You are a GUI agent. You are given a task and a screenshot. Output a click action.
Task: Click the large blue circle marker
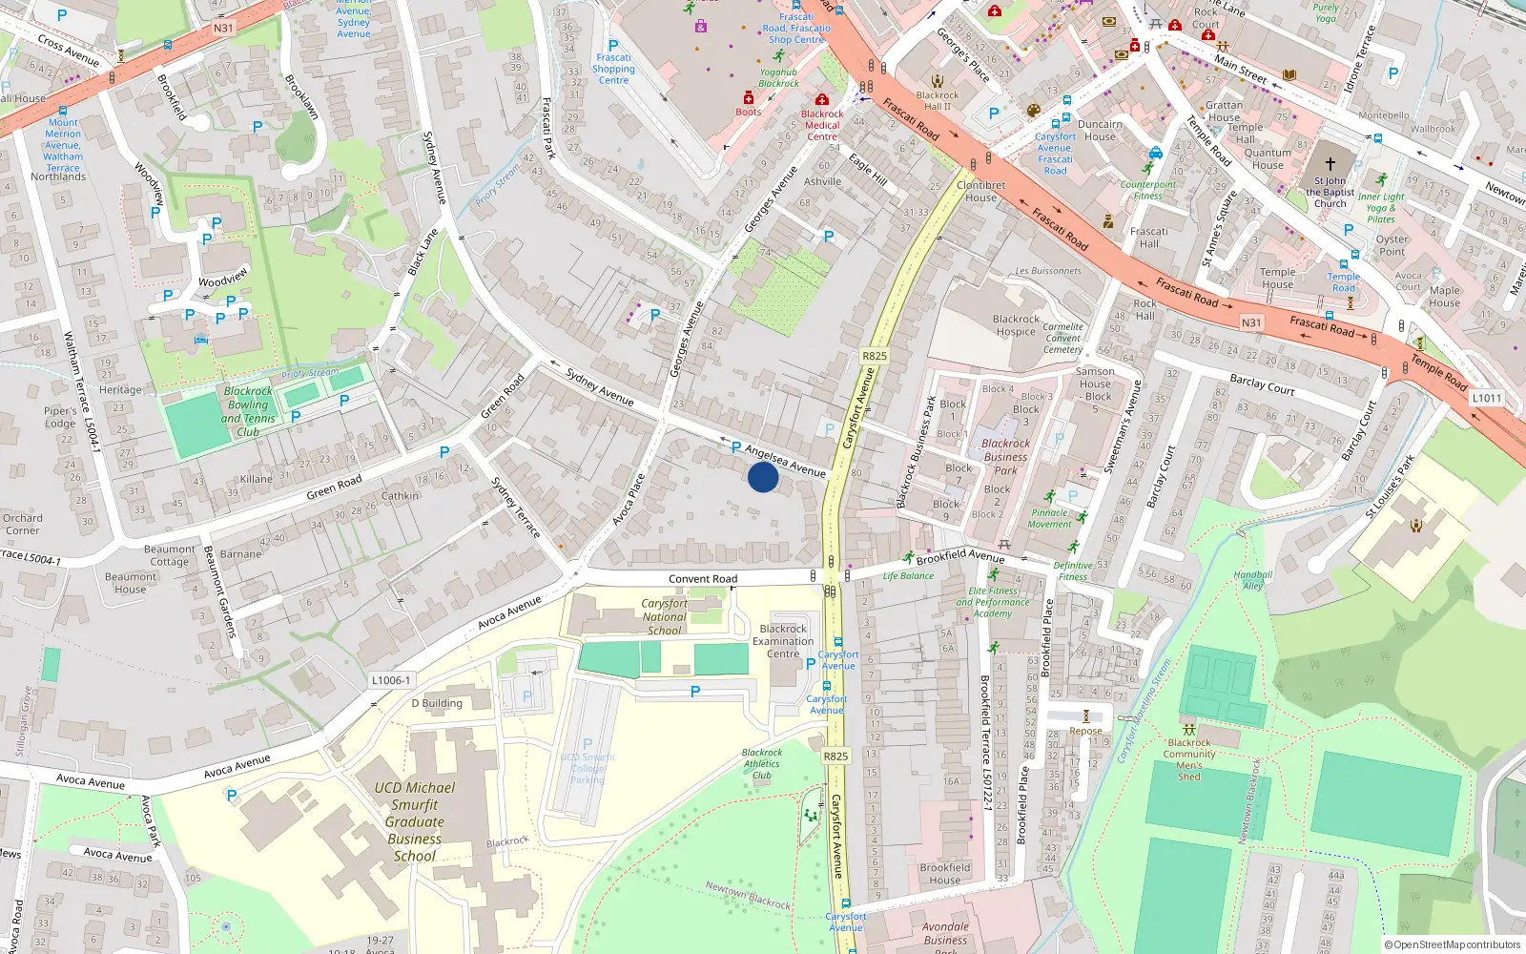(763, 477)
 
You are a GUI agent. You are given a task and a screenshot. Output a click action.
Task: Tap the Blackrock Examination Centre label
(783, 641)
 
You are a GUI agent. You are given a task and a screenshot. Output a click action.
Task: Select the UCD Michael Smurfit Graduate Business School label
(415, 821)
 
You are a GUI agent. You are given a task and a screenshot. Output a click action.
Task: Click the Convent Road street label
(703, 579)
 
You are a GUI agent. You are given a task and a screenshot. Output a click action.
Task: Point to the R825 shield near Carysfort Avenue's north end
(875, 356)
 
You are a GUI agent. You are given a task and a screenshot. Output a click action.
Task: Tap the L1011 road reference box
(1487, 398)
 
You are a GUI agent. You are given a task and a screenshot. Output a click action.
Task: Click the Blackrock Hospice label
(1016, 325)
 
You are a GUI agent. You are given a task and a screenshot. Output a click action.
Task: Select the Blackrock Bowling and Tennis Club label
(248, 411)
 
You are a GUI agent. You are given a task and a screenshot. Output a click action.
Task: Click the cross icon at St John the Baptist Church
(1330, 164)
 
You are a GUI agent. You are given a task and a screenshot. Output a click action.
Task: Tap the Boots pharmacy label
(749, 112)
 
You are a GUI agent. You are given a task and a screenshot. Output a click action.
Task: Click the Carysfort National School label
(665, 616)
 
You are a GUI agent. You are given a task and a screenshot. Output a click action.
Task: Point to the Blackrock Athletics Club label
(761, 763)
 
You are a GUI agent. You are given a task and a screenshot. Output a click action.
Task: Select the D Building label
(437, 703)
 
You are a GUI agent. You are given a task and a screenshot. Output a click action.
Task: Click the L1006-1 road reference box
(391, 680)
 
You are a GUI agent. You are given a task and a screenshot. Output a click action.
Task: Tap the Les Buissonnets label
(1048, 271)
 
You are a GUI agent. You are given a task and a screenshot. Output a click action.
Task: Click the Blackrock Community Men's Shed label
(1189, 759)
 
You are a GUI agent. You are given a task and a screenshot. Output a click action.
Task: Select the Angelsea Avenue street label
(785, 461)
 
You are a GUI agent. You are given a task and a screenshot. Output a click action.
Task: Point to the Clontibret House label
(980, 191)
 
